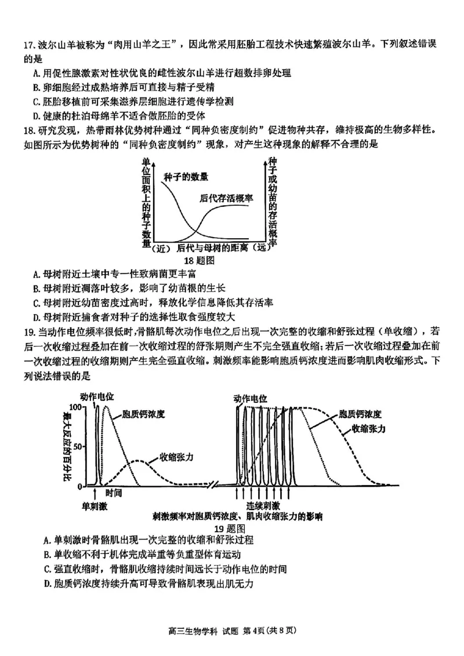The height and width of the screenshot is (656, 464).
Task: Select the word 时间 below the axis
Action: [114, 493]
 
